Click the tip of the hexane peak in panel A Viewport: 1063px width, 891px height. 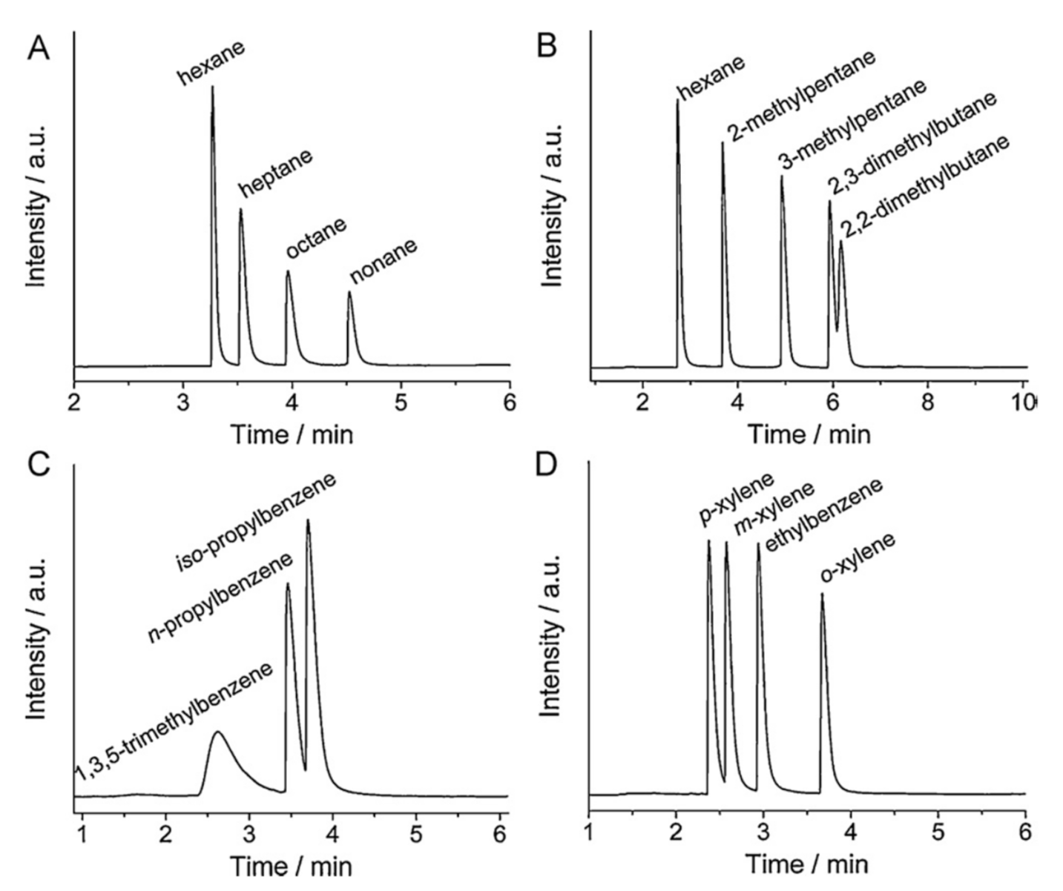(x=213, y=87)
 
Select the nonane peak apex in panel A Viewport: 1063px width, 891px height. (x=349, y=292)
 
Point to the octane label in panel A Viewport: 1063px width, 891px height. (x=317, y=238)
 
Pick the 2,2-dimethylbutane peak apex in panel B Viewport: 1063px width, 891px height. (x=840, y=241)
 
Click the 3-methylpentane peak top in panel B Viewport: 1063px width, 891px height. (x=781, y=176)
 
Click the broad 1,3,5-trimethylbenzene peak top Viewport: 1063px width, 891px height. (x=217, y=732)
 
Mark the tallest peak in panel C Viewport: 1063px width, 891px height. (x=307, y=520)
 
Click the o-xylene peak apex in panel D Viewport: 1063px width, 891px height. (x=822, y=594)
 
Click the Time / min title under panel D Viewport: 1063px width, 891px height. (x=806, y=864)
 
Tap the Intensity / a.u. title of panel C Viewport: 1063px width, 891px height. (x=37, y=637)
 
